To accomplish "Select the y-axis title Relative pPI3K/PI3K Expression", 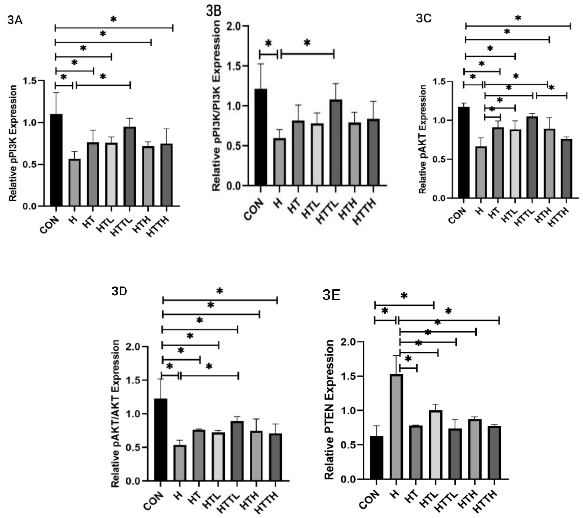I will click(217, 105).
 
